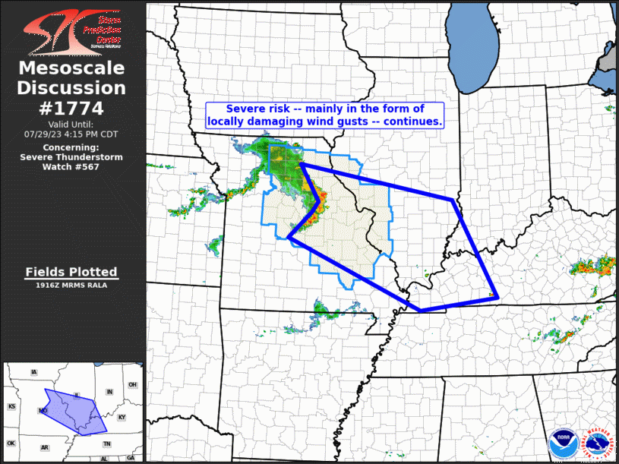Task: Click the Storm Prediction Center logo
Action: point(72,30)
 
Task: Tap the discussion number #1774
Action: point(71,107)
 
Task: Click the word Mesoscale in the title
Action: point(71,69)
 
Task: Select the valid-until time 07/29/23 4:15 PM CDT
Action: point(71,134)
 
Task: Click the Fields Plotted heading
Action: point(71,272)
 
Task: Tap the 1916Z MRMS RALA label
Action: point(71,285)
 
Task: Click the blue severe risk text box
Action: point(325,115)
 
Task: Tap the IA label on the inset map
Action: point(33,372)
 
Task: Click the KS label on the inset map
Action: point(11,407)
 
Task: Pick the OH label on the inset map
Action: point(132,385)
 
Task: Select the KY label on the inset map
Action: point(122,418)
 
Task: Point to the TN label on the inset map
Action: point(107,443)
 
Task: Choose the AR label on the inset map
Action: point(45,448)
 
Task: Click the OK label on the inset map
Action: point(11,443)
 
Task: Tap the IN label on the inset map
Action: point(109,392)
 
